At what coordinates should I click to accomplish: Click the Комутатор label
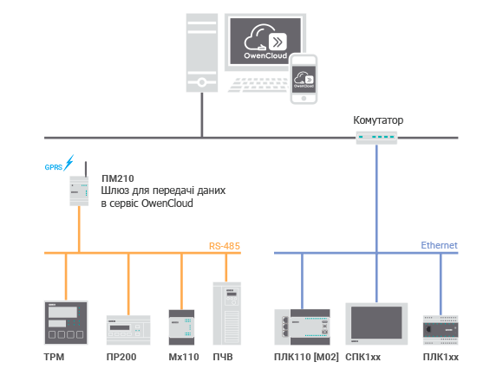(x=378, y=120)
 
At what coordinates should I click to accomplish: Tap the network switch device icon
(x=376, y=138)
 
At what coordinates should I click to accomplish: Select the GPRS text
(x=53, y=167)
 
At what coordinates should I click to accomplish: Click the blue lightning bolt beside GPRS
(x=69, y=163)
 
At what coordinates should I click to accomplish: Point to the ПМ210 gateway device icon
(x=79, y=191)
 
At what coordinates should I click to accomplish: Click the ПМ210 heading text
(x=118, y=178)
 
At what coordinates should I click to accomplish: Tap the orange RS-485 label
(x=225, y=246)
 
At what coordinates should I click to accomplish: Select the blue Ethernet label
(x=439, y=245)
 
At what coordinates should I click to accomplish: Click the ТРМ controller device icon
(x=66, y=322)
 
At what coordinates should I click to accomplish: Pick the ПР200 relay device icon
(x=128, y=330)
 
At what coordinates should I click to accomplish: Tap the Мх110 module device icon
(x=181, y=327)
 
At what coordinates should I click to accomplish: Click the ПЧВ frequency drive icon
(x=227, y=314)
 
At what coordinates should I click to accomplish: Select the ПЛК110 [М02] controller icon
(x=302, y=327)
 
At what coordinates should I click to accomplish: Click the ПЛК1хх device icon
(x=441, y=330)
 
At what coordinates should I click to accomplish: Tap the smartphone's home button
(x=304, y=99)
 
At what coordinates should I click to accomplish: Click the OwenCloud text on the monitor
(x=265, y=55)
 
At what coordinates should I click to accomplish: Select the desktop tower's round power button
(x=202, y=82)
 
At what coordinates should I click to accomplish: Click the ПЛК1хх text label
(x=441, y=357)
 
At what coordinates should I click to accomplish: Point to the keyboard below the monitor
(x=258, y=85)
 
